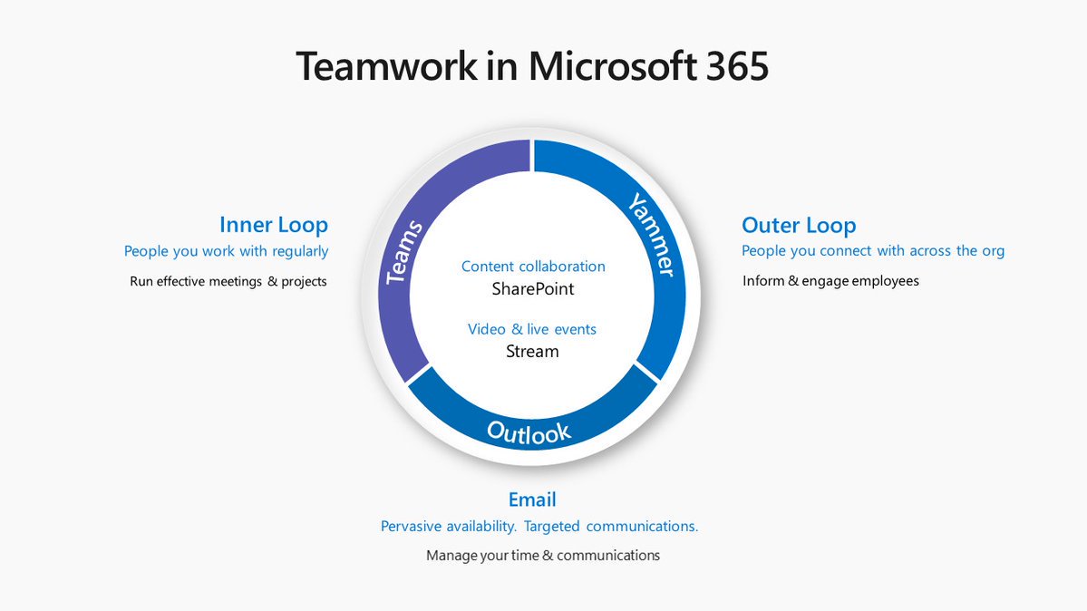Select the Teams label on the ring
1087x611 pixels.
(403, 252)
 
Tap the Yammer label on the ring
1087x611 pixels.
(652, 235)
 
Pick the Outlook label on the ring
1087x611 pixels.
(529, 432)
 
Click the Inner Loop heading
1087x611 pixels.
(273, 225)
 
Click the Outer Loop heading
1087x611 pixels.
(799, 225)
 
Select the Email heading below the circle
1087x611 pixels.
(532, 499)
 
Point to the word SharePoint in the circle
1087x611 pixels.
(533, 289)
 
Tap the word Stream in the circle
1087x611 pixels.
(532, 351)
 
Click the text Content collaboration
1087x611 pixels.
(533, 267)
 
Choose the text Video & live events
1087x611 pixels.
(532, 329)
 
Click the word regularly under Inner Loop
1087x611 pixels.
(300, 251)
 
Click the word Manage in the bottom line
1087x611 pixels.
(450, 555)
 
